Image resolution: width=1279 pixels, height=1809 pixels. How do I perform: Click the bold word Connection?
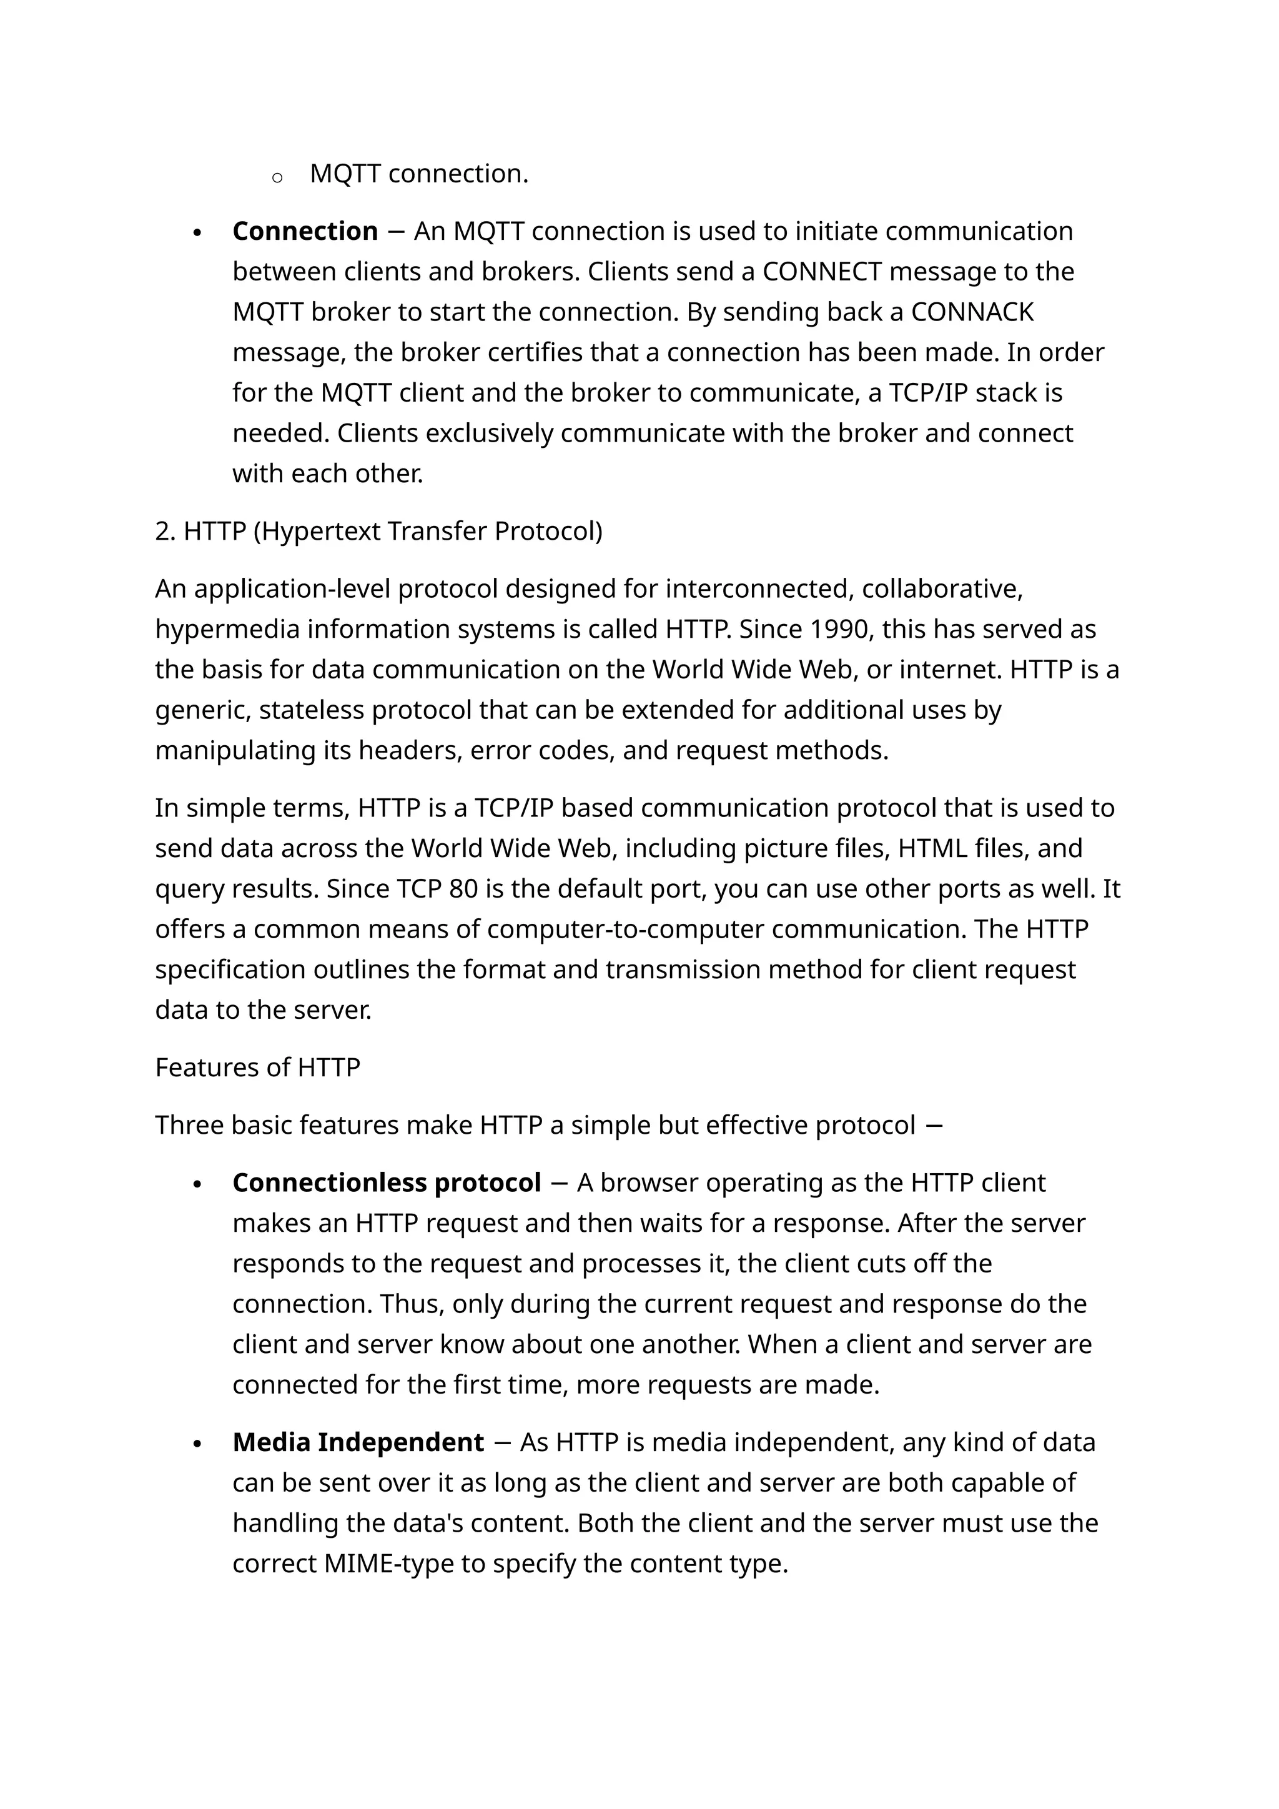click(305, 232)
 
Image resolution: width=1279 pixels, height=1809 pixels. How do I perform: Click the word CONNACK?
click(972, 312)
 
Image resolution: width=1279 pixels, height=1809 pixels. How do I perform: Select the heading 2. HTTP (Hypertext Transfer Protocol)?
click(379, 532)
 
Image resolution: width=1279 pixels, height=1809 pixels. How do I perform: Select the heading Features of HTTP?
click(257, 1068)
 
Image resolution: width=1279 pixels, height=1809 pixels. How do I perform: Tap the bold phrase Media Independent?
click(358, 1442)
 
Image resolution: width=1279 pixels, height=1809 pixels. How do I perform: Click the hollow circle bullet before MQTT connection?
click(277, 178)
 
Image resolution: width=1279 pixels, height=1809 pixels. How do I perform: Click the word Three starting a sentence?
click(189, 1125)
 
